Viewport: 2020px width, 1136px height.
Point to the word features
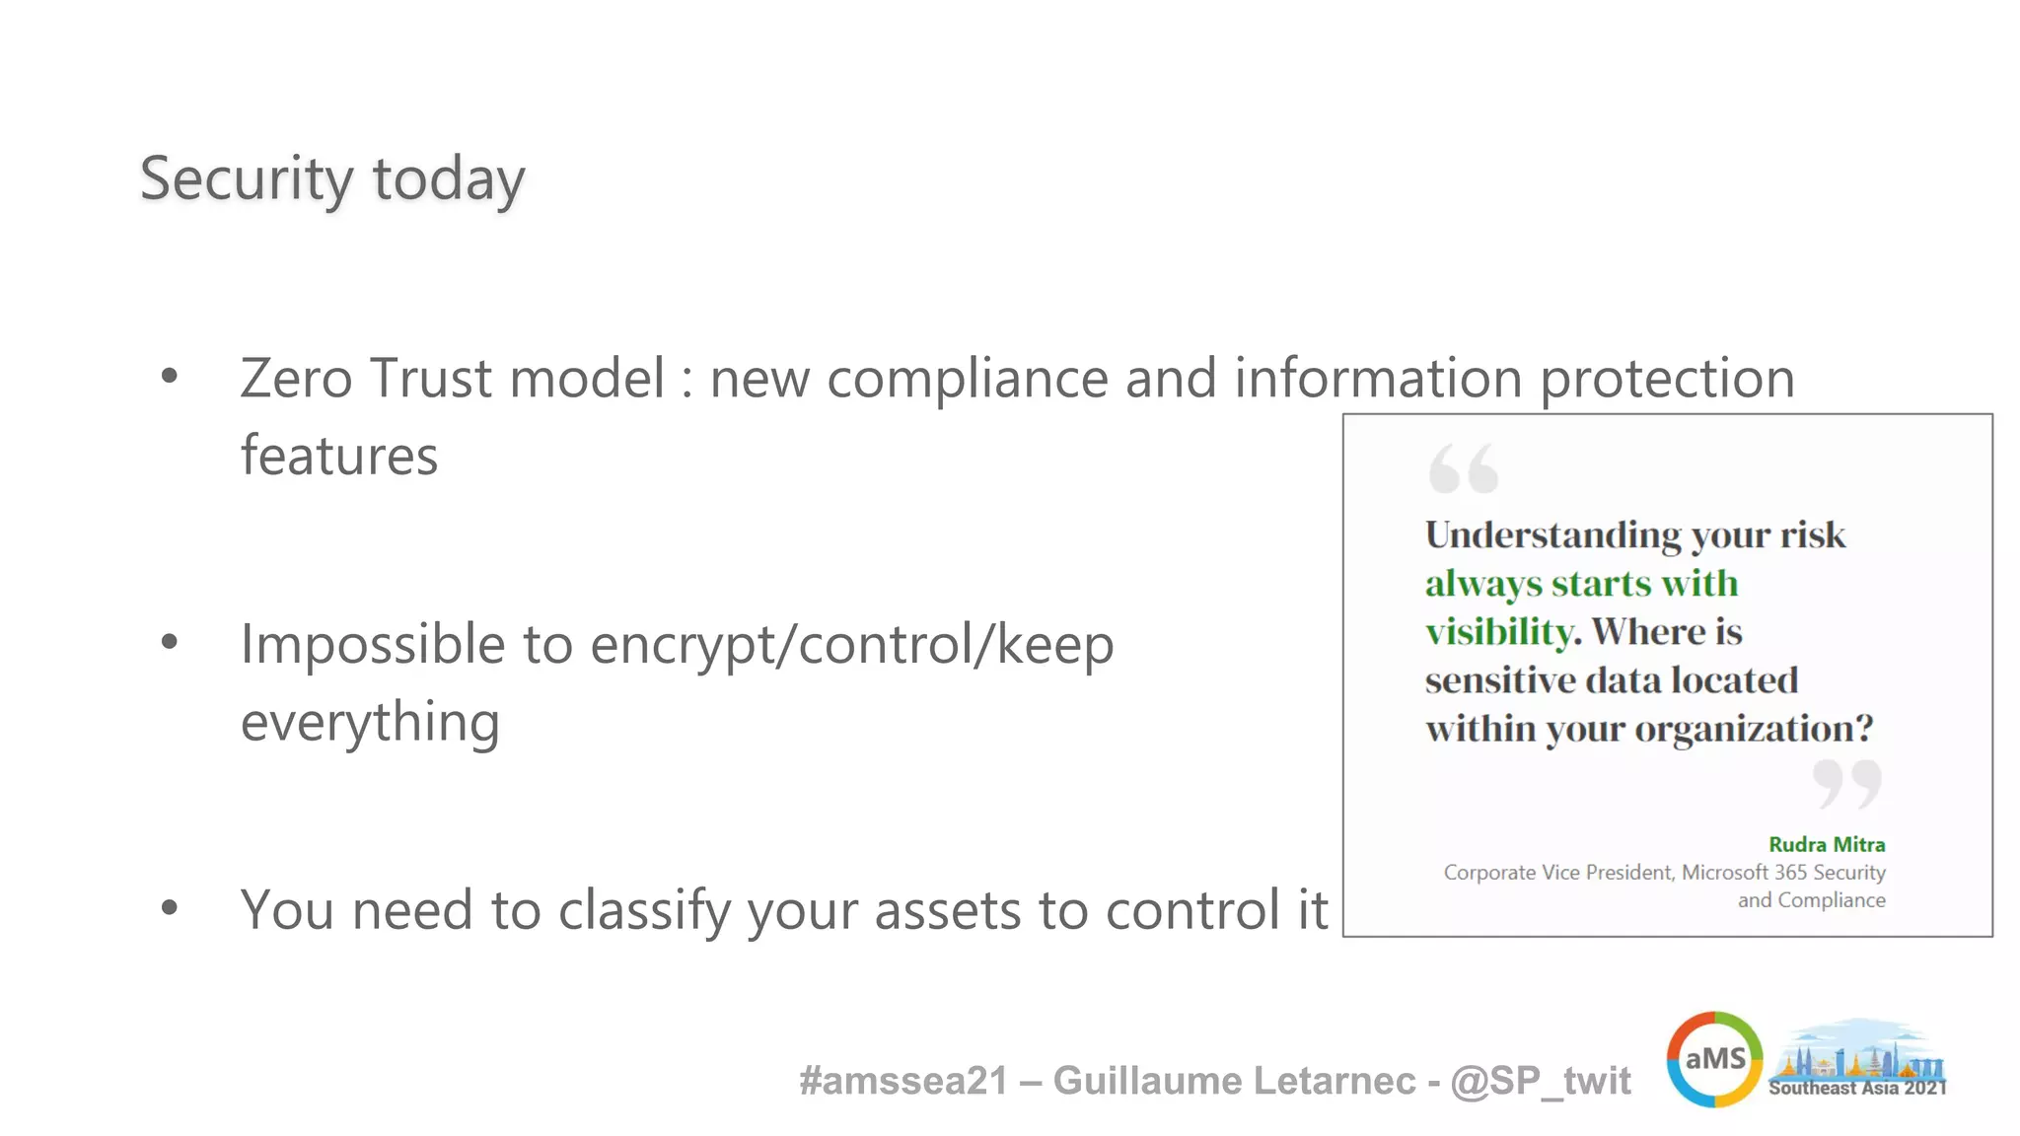tap(338, 456)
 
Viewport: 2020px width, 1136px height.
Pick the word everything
tap(370, 723)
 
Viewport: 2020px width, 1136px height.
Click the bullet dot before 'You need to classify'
tap(170, 907)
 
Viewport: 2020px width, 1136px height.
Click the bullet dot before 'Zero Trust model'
tap(170, 376)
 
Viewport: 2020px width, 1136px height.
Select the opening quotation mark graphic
tap(1464, 468)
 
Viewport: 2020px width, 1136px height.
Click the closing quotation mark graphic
tap(1846, 784)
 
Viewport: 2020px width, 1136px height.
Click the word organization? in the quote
tap(1754, 729)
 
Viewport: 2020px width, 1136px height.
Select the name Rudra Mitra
tap(1827, 844)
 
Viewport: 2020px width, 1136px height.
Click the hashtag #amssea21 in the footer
tap(902, 1081)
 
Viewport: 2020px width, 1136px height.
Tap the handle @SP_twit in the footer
tap(1541, 1081)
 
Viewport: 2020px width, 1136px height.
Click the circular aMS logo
tap(1714, 1059)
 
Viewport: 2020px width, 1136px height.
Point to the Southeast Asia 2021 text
tap(1857, 1088)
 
